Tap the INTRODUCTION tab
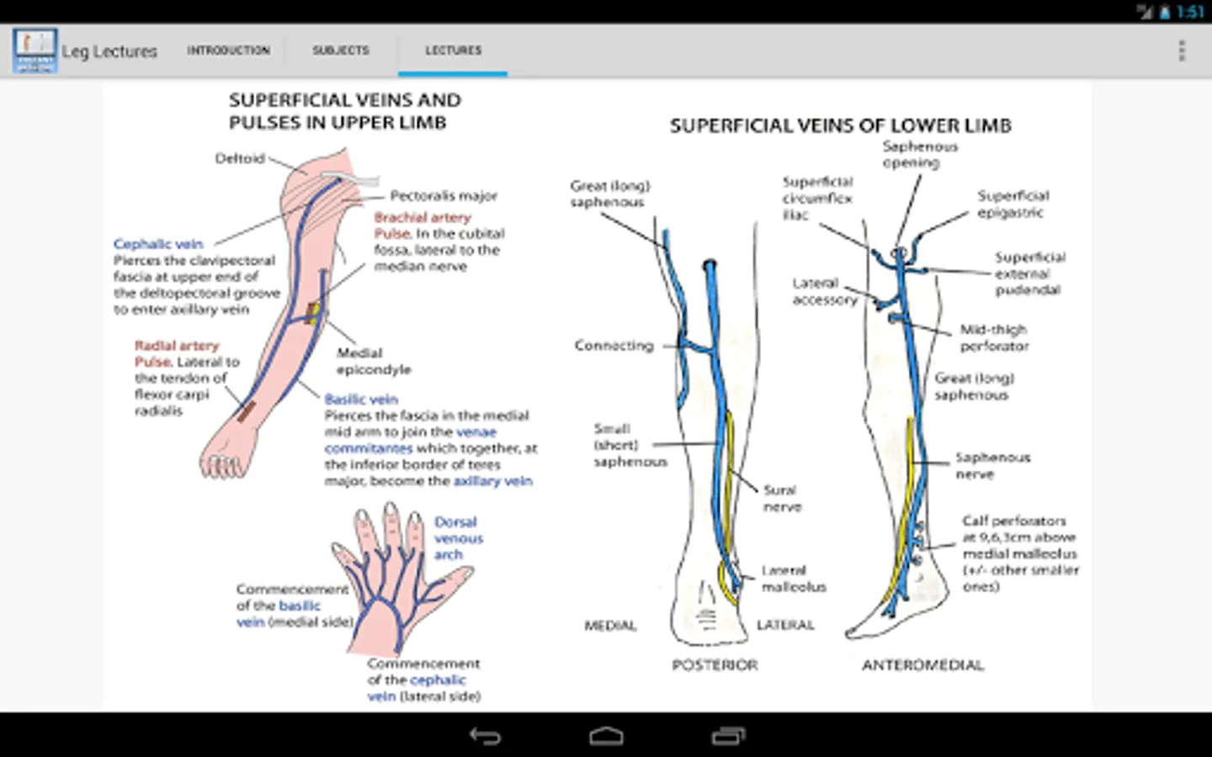pyautogui.click(x=228, y=50)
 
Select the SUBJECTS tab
pyautogui.click(x=341, y=50)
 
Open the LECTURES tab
pyautogui.click(x=453, y=50)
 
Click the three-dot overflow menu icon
pyautogui.click(x=1181, y=50)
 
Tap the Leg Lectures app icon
pyautogui.click(x=35, y=50)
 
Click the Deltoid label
pyautogui.click(x=240, y=158)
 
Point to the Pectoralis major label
pyautogui.click(x=444, y=196)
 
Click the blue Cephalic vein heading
pyautogui.click(x=158, y=244)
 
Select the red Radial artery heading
pyautogui.click(x=177, y=346)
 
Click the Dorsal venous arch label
pyautogui.click(x=458, y=538)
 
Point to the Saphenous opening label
pyautogui.click(x=919, y=154)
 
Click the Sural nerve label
pyautogui.click(x=781, y=498)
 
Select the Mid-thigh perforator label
pyautogui.click(x=994, y=337)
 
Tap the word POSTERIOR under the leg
pyautogui.click(x=715, y=665)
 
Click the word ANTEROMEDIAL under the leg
pyautogui.click(x=922, y=665)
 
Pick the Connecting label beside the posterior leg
pyautogui.click(x=614, y=345)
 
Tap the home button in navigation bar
pyautogui.click(x=606, y=737)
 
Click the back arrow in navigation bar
pyautogui.click(x=485, y=737)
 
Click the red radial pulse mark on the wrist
pyautogui.click(x=246, y=411)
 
